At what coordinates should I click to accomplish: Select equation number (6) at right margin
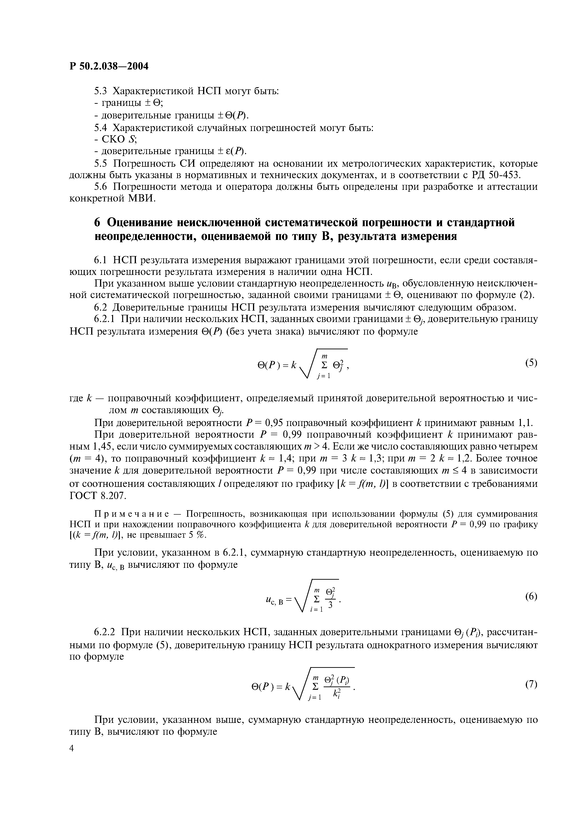point(531,596)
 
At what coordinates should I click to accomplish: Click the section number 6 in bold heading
point(98,223)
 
